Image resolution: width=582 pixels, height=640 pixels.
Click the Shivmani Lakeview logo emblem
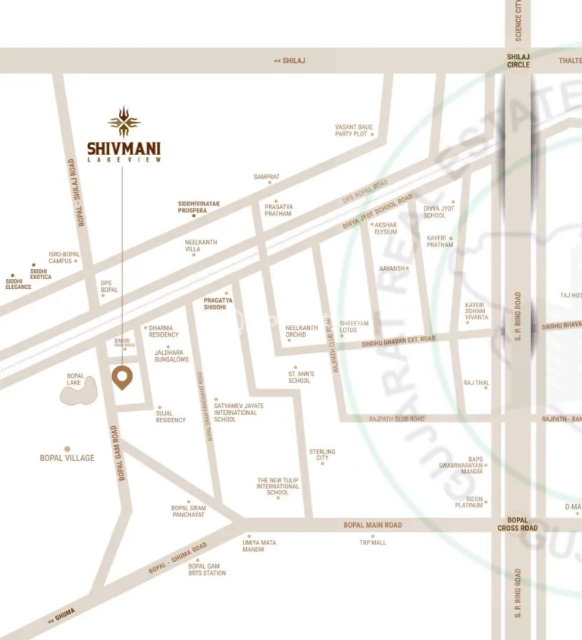tap(124, 121)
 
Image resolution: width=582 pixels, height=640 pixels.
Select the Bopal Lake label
tap(75, 379)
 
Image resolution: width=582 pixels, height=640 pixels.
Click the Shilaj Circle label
tap(518, 61)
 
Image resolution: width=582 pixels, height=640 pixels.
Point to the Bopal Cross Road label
tap(518, 524)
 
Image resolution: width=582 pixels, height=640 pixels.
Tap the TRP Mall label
tap(373, 543)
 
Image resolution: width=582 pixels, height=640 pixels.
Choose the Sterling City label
tap(322, 455)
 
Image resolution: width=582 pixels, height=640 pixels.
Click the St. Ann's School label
tap(299, 377)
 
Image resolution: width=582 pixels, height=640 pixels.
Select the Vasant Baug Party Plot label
tap(354, 130)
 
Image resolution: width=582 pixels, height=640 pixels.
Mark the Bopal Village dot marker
tap(67, 449)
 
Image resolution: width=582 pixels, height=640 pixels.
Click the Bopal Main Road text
tap(372, 525)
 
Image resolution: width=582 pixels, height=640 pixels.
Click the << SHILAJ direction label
tap(289, 61)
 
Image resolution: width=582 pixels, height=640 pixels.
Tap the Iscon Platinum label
tap(469, 502)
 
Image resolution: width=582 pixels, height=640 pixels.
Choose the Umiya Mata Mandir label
tap(259, 546)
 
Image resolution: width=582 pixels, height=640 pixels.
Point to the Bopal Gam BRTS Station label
tap(207, 569)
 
